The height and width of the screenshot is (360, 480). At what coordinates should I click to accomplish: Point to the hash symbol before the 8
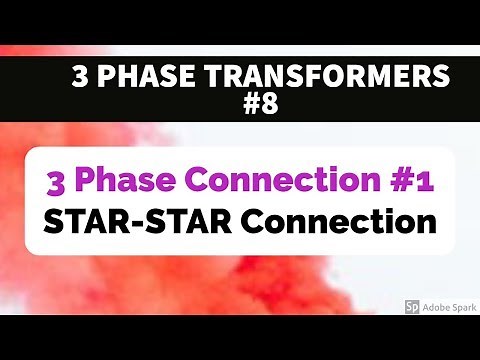[x=252, y=105]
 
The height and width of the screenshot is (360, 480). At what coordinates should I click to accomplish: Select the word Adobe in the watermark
[x=437, y=307]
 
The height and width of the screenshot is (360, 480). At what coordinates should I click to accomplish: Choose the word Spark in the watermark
[x=464, y=307]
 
